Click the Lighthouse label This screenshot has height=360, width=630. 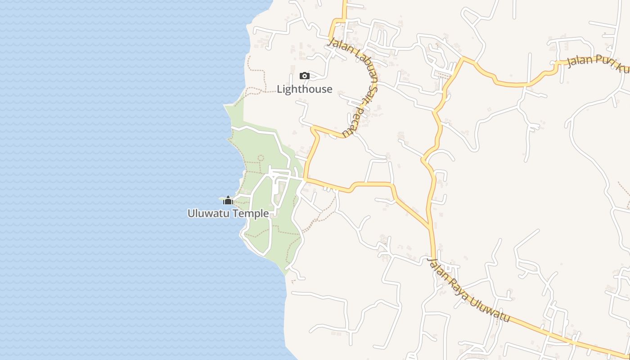304,89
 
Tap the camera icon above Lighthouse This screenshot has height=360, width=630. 305,76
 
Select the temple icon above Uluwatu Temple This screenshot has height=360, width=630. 228,200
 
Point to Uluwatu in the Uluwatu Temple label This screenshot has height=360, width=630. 206,213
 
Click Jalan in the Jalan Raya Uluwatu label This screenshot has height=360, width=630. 438,271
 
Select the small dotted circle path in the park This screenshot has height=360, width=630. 261,158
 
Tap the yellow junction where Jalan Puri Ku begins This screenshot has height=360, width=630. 463,58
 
